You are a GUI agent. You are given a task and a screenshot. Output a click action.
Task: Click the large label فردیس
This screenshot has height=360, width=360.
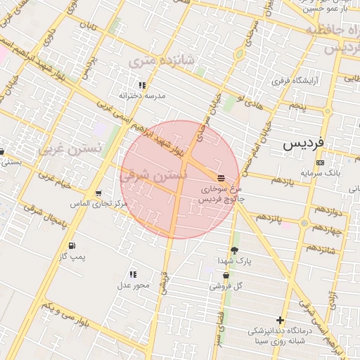point(304,143)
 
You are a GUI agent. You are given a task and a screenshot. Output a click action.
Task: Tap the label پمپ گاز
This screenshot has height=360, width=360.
point(72,257)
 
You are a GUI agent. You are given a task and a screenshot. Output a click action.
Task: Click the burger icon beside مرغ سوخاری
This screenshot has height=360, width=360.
point(221,177)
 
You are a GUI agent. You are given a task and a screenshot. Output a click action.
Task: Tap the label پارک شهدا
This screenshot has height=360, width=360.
point(238,260)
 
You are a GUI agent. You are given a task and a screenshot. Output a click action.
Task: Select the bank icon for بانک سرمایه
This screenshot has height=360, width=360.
point(320,162)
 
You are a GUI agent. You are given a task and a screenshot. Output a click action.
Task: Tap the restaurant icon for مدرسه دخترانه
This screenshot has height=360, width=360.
point(142,84)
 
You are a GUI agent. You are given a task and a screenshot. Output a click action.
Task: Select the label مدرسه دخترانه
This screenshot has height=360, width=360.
point(142,95)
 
